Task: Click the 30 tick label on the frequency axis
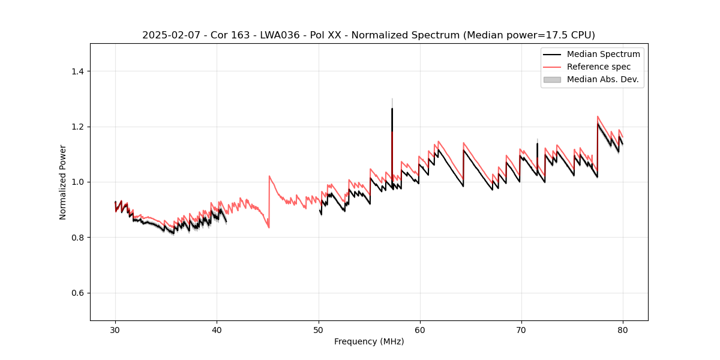coord(115,329)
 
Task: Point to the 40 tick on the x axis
coord(217,329)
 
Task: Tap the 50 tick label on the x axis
coord(319,329)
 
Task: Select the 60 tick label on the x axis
coord(420,329)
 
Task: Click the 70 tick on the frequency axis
coord(521,329)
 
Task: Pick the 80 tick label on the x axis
coord(623,329)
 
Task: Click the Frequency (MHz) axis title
coord(369,341)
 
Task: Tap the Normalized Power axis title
coord(63,182)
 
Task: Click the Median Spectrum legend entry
coord(603,54)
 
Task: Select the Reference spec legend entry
coord(598,67)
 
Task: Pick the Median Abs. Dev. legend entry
coord(602,79)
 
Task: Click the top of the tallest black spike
coord(392,109)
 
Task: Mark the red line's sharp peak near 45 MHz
coord(269,176)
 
